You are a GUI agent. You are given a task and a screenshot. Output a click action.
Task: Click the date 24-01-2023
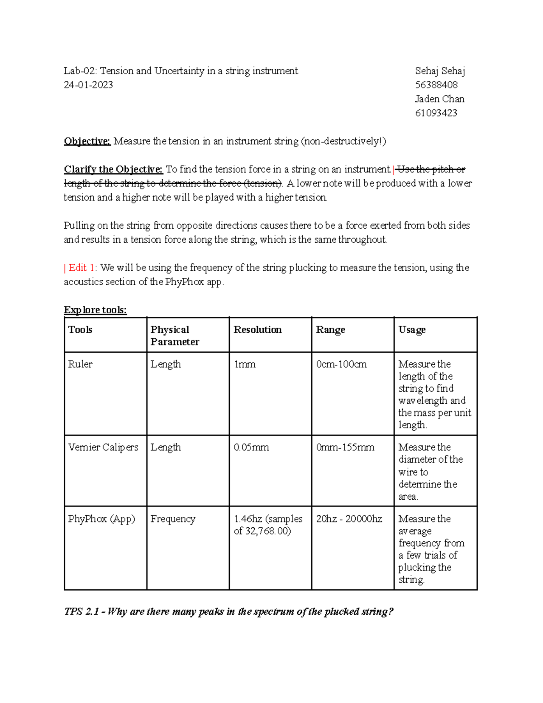click(88, 85)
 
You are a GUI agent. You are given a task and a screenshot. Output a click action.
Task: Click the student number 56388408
click(436, 85)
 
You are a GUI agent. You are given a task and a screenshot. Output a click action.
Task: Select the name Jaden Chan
click(439, 99)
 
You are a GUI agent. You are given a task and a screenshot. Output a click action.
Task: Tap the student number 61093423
click(436, 113)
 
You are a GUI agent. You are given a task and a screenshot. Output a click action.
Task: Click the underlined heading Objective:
click(87, 141)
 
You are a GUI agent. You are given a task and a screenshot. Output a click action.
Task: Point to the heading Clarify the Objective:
click(113, 169)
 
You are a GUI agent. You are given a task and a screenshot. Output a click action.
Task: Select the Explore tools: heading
click(95, 310)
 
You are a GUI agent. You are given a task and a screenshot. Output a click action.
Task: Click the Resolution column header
click(257, 330)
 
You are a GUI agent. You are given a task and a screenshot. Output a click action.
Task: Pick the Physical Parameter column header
click(175, 335)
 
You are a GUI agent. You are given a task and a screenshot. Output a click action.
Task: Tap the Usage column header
click(412, 330)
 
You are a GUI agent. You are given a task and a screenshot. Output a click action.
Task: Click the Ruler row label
click(80, 364)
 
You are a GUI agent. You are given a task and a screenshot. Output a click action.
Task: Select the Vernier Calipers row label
click(103, 447)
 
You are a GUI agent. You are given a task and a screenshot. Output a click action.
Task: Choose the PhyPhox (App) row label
click(101, 519)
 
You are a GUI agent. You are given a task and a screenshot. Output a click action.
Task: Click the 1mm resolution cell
click(244, 364)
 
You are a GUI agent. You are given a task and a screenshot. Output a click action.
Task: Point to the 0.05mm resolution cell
click(251, 447)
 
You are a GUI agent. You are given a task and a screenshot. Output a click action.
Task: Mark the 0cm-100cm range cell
click(341, 364)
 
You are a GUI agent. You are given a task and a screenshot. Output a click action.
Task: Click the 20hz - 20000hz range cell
click(349, 519)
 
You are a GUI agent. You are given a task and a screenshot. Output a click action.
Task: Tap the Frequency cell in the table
click(173, 519)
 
